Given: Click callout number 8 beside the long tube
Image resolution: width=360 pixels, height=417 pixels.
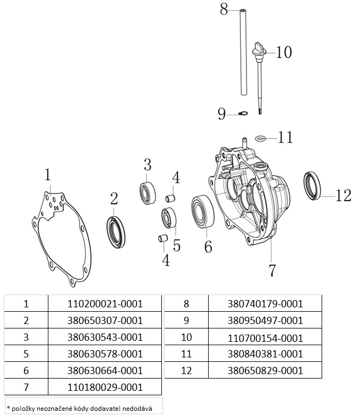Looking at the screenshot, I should tap(224, 9).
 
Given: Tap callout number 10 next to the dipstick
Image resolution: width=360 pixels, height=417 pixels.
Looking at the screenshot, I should tap(284, 52).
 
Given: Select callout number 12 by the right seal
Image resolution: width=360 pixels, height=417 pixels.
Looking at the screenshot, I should tap(343, 195).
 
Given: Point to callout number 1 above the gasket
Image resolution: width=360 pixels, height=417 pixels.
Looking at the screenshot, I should tap(48, 175).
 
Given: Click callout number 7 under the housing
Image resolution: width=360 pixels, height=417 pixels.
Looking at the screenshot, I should tap(272, 271).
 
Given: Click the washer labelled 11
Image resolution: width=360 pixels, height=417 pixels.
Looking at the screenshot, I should tap(260, 137).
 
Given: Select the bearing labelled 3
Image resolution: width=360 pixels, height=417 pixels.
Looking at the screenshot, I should tap(147, 192).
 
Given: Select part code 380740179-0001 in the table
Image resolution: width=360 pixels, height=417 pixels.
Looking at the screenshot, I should tap(265, 304).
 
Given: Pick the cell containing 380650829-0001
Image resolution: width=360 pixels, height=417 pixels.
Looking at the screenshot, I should tap(265, 370).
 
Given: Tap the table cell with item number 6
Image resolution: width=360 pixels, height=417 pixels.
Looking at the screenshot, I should tap(26, 370).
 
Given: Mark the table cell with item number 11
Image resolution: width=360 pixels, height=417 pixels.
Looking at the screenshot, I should tap(186, 354).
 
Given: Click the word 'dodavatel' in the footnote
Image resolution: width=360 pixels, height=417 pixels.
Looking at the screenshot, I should tap(109, 408).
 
